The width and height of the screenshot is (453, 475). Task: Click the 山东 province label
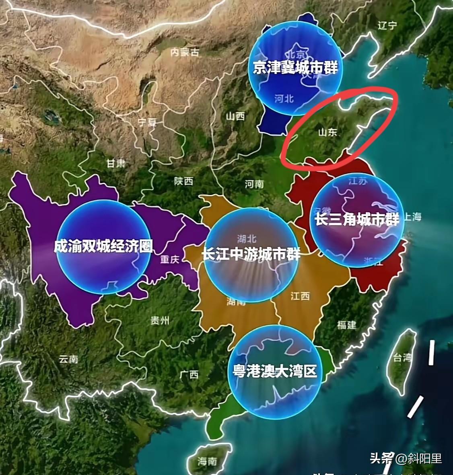(327, 132)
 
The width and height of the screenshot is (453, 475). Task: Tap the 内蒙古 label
(185, 52)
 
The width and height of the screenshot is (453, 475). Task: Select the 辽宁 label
(387, 26)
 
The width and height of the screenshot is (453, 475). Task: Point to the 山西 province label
(235, 117)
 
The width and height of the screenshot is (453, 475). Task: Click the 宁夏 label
(146, 122)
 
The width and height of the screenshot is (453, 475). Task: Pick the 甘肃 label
(116, 163)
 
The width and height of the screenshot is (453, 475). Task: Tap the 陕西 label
(183, 181)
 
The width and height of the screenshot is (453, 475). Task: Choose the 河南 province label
(254, 184)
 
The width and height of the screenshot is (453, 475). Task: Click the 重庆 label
(169, 259)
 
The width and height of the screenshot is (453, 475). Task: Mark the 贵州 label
(160, 321)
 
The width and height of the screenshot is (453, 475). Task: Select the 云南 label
(68, 359)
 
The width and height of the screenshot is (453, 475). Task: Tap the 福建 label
(346, 324)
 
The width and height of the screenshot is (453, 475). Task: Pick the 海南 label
(207, 461)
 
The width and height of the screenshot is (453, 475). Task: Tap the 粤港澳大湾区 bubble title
(275, 371)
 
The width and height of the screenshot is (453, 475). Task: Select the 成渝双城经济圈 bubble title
(103, 246)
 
